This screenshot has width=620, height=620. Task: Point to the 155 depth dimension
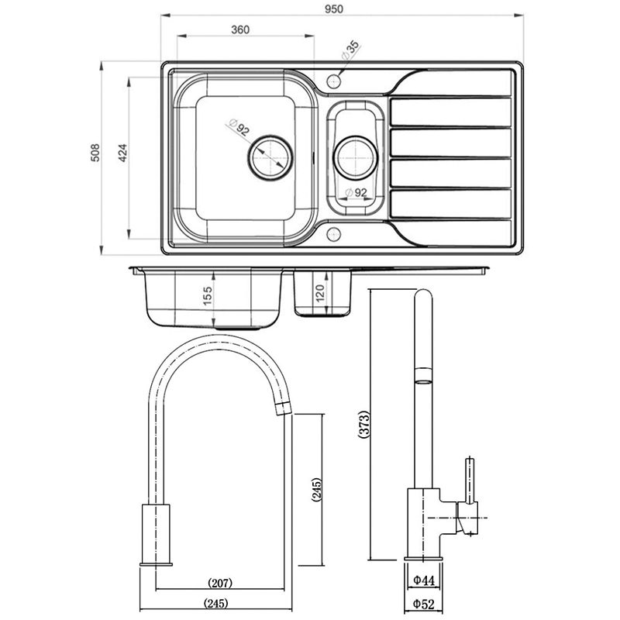(207, 297)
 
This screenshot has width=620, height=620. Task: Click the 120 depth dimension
(320, 293)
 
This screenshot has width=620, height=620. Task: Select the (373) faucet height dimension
(364, 425)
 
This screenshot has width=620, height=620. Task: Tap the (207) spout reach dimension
(221, 583)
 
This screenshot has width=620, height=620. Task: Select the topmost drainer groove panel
(449, 112)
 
